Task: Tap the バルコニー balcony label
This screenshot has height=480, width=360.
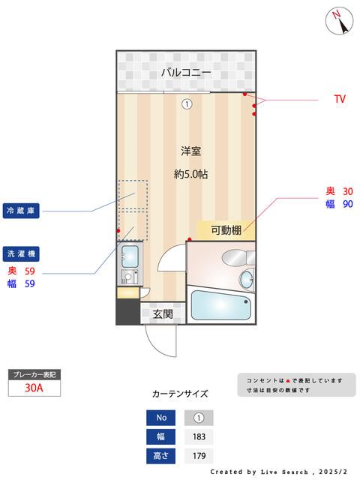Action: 185,72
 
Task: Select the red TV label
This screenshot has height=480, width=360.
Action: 340,99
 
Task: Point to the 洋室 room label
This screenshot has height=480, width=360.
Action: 190,151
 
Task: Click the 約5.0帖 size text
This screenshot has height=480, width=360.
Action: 190,174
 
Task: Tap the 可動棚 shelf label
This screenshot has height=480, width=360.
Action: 226,230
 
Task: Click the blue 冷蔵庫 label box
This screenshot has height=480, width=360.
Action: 21,211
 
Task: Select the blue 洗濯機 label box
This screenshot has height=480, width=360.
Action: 21,253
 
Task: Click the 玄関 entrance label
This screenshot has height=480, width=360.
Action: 163,314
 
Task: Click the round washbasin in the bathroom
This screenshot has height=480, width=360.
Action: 247,280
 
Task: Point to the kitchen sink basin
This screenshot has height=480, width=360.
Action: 130,255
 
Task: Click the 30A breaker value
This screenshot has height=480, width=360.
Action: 33,388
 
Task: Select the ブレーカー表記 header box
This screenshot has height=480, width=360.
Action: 33,373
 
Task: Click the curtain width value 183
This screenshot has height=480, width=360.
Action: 199,436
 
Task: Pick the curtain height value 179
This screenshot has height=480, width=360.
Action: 199,455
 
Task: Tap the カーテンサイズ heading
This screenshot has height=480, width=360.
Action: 180,393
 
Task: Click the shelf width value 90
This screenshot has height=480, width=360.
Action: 347,203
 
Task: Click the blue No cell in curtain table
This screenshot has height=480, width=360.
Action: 162,418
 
